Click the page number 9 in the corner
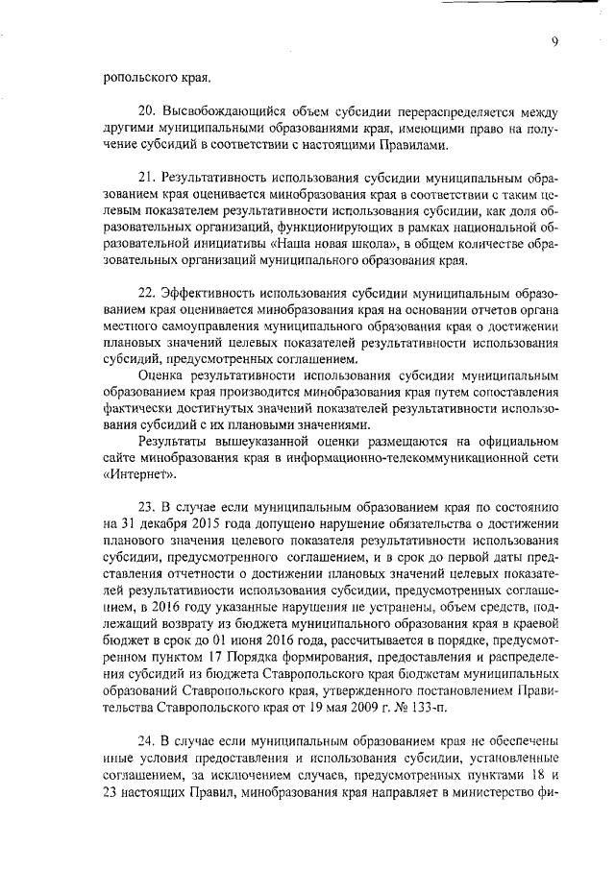554,40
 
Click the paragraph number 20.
148,111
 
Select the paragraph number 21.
148,180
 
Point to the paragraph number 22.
148,292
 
